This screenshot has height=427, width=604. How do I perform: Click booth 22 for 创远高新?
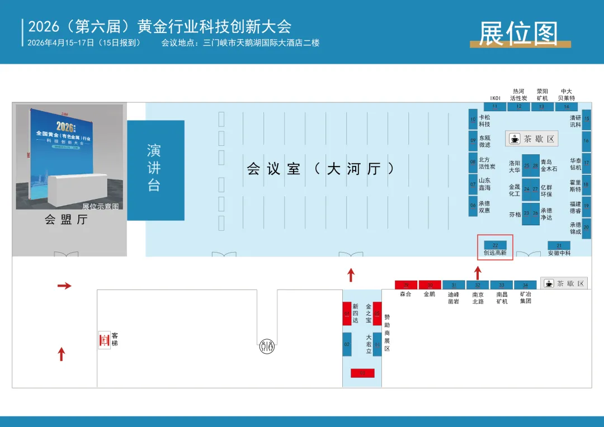tap(495, 245)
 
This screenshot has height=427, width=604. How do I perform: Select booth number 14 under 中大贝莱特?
tap(567, 106)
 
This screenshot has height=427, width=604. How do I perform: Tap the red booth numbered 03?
tap(362, 373)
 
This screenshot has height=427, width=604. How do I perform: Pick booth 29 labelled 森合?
tap(406, 285)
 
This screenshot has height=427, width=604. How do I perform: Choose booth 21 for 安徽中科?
tap(559, 245)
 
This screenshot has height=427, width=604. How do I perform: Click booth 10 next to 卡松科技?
tap(473, 120)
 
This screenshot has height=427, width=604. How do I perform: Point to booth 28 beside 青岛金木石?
tap(535, 166)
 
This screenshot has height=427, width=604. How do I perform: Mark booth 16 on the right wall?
tap(586, 141)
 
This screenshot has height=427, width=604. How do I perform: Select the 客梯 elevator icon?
tap(103, 339)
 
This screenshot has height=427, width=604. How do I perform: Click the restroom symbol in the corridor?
tap(267, 347)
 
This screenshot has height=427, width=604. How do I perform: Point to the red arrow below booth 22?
tap(478, 273)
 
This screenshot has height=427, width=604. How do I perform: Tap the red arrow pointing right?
tap(64, 286)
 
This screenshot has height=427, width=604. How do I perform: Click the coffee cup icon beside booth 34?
tap(549, 284)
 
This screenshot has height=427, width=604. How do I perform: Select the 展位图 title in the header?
tap(518, 34)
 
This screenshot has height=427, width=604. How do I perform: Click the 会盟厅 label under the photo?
tap(67, 220)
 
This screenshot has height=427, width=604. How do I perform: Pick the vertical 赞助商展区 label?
tap(387, 333)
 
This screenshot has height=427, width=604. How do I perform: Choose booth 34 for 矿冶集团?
tap(525, 285)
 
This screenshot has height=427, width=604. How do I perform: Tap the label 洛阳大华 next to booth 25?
tap(515, 167)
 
